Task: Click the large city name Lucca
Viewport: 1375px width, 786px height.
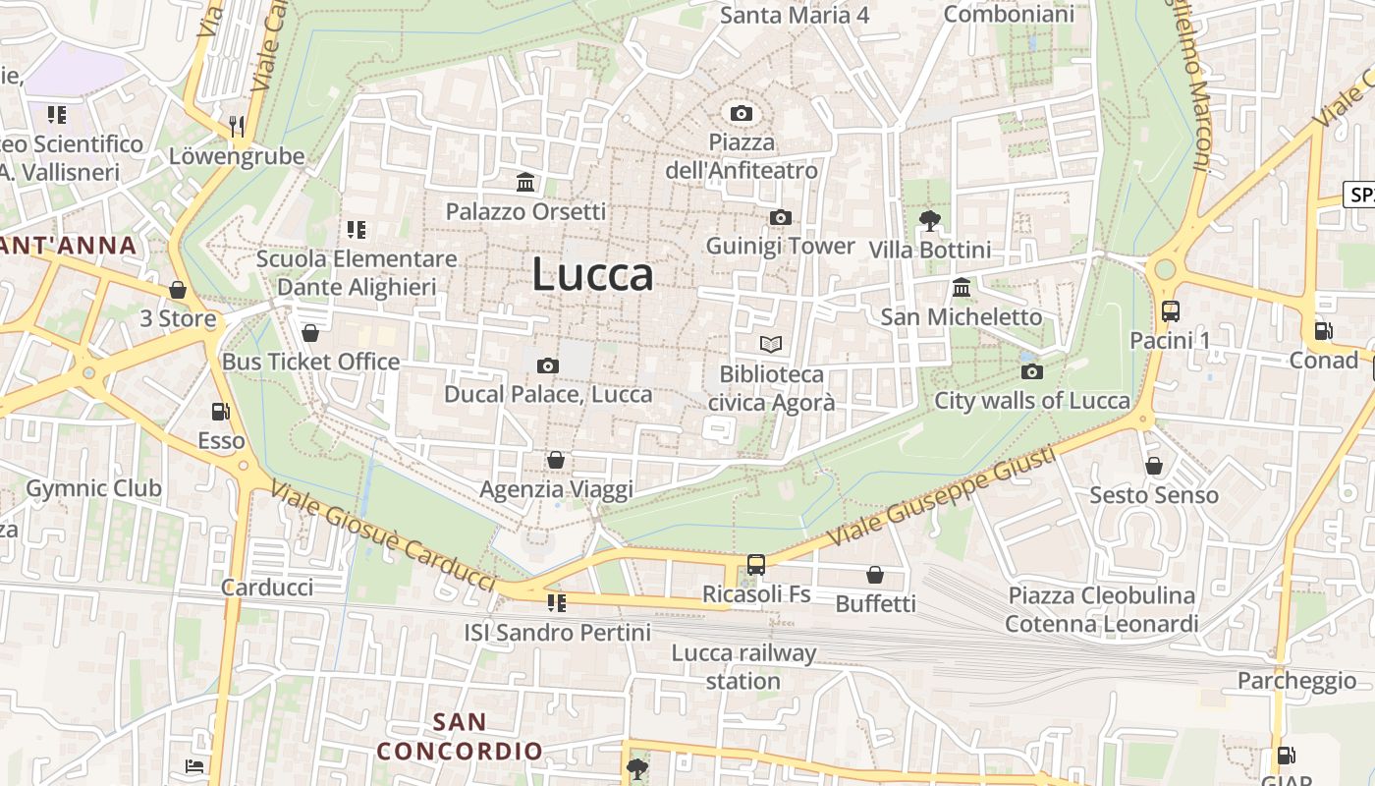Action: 592,274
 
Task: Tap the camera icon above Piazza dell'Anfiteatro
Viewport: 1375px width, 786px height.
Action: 742,114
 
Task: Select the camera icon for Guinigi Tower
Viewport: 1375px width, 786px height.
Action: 781,217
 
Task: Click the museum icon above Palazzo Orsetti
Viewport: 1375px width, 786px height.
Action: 525,183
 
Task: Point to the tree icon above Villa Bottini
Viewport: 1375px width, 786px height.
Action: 929,221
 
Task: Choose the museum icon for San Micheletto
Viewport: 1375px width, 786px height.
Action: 962,288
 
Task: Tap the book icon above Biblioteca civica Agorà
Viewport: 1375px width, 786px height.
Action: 771,345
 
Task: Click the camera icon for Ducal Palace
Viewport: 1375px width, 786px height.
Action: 548,366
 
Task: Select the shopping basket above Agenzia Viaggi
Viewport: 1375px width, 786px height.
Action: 556,460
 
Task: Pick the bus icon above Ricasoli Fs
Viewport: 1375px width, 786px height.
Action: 755,565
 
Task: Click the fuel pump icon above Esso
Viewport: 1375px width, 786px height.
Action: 221,412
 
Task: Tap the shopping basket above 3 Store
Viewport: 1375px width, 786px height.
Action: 178,290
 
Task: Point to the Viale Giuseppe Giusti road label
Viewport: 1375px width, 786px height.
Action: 940,497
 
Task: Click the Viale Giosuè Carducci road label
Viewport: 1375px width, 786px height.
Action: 382,536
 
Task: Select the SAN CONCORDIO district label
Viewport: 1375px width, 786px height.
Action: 460,737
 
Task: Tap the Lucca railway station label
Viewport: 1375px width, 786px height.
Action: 743,667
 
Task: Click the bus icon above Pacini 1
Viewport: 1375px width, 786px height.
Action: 1170,311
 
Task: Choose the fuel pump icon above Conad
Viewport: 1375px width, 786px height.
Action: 1323,331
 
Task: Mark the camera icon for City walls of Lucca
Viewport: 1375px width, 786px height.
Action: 1031,371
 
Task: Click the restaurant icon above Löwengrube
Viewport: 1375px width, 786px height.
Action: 236,126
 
